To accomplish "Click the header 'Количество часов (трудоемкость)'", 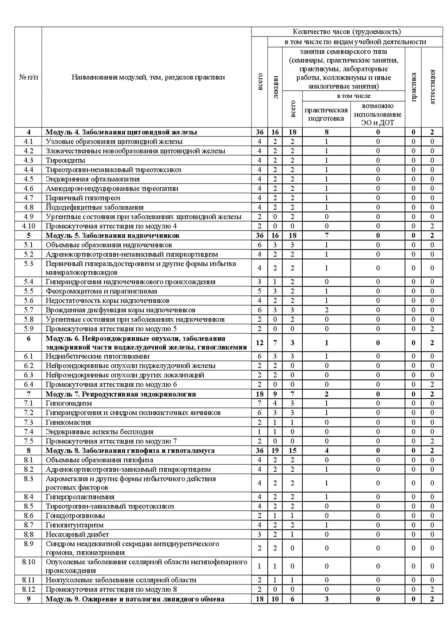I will click(x=347, y=32).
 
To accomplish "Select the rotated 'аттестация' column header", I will click(x=432, y=87).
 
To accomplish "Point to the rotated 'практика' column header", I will click(x=413, y=87).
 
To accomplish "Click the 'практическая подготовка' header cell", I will click(x=326, y=114).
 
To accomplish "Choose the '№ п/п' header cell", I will click(x=28, y=77).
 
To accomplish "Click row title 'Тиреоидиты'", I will click(x=65, y=160).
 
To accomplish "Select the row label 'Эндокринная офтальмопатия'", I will click(x=92, y=179).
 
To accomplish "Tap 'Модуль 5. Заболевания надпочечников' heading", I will click(x=112, y=235).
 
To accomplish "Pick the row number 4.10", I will click(x=29, y=226).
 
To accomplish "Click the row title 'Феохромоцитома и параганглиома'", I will click(x=102, y=291).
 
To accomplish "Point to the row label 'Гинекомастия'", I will click(x=68, y=422).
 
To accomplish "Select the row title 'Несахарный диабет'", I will click(x=77, y=534).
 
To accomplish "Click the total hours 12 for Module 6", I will click(x=259, y=343).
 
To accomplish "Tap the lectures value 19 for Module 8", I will click(x=275, y=450).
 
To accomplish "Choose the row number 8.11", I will click(x=29, y=580).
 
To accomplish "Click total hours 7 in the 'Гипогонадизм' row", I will click(x=259, y=403).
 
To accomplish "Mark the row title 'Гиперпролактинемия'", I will click(x=80, y=497).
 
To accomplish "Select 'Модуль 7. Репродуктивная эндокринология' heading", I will click(x=121, y=394).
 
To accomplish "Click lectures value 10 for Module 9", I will click(x=275, y=599).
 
